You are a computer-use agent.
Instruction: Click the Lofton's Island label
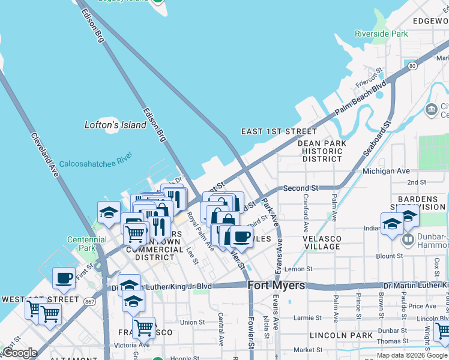pyautogui.click(x=115, y=125)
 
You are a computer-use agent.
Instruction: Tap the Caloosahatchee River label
pyautogui.click(x=95, y=163)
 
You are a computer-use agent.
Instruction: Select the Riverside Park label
pyautogui.click(x=381, y=34)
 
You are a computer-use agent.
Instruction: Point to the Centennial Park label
pyautogui.click(x=87, y=244)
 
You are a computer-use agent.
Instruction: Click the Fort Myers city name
pyautogui.click(x=277, y=286)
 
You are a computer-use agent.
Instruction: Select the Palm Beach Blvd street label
pyautogui.click(x=360, y=100)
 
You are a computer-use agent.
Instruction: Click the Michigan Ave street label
pyautogui.click(x=386, y=171)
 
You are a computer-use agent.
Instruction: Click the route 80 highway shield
pyautogui.click(x=411, y=65)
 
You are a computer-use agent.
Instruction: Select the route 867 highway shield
pyautogui.click(x=89, y=301)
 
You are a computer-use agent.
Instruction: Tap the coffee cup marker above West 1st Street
pyautogui.click(x=64, y=278)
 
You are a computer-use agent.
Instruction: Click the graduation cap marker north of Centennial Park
pyautogui.click(x=109, y=212)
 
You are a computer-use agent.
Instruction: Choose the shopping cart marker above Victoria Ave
pyautogui.click(x=143, y=327)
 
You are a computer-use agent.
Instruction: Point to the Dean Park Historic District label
pyautogui.click(x=322, y=151)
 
